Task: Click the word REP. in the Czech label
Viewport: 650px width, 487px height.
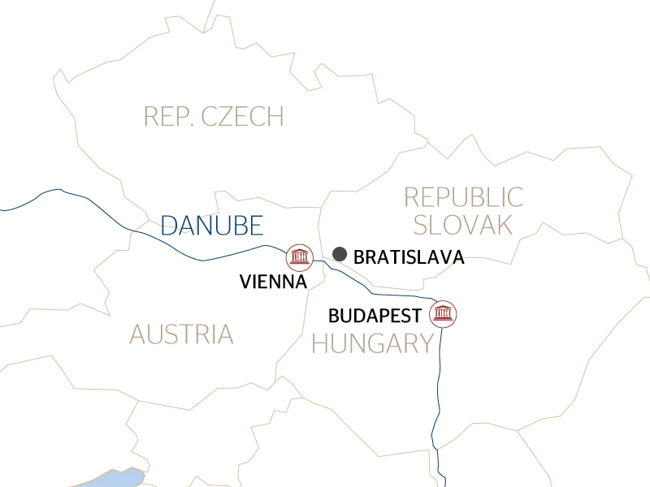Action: tap(167, 116)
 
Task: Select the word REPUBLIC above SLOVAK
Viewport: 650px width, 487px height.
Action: tap(464, 196)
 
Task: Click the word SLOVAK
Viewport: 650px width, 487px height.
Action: tap(462, 225)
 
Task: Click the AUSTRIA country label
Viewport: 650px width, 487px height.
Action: tap(181, 334)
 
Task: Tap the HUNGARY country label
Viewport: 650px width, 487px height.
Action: tap(373, 344)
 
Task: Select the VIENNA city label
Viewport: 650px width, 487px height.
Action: tap(273, 282)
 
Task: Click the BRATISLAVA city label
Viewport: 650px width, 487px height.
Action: tap(409, 257)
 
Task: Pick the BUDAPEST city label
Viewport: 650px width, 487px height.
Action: tap(375, 315)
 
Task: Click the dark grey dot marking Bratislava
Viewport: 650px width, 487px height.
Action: tap(340, 254)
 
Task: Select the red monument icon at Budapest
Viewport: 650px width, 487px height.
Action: tap(444, 313)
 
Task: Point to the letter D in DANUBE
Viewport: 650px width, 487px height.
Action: tap(169, 225)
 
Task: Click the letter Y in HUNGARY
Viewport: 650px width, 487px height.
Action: tap(425, 344)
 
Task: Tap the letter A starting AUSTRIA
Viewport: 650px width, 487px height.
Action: tap(137, 334)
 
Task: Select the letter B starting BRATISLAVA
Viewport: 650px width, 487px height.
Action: tap(360, 257)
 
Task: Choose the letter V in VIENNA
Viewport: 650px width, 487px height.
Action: tap(245, 282)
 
